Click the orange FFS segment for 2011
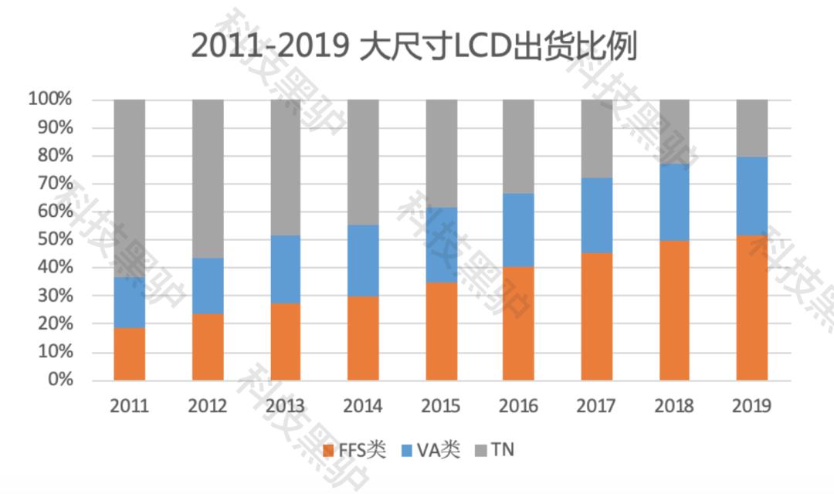tap(129, 354)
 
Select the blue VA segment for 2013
tap(286, 269)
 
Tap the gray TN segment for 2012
tap(208, 178)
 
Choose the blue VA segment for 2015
tap(441, 245)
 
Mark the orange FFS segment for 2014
tap(363, 338)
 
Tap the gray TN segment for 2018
tap(674, 131)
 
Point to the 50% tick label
tap(54, 239)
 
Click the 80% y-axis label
tap(54, 155)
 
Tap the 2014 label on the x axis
tap(363, 406)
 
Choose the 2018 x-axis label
tap(674, 406)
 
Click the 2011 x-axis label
tap(129, 406)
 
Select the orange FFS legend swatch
tap(328, 450)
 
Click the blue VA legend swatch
tap(407, 450)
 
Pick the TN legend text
tap(503, 450)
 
